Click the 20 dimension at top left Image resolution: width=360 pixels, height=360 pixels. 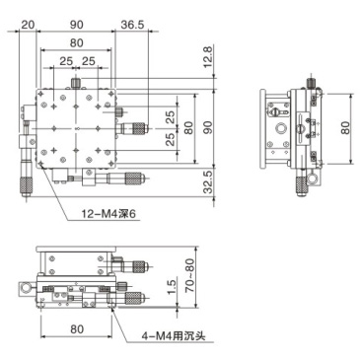point(27,23)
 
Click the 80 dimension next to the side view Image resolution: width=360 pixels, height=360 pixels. point(345,126)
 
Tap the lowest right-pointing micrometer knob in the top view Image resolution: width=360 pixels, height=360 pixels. point(135,179)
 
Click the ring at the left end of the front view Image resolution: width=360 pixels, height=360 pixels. point(24,288)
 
